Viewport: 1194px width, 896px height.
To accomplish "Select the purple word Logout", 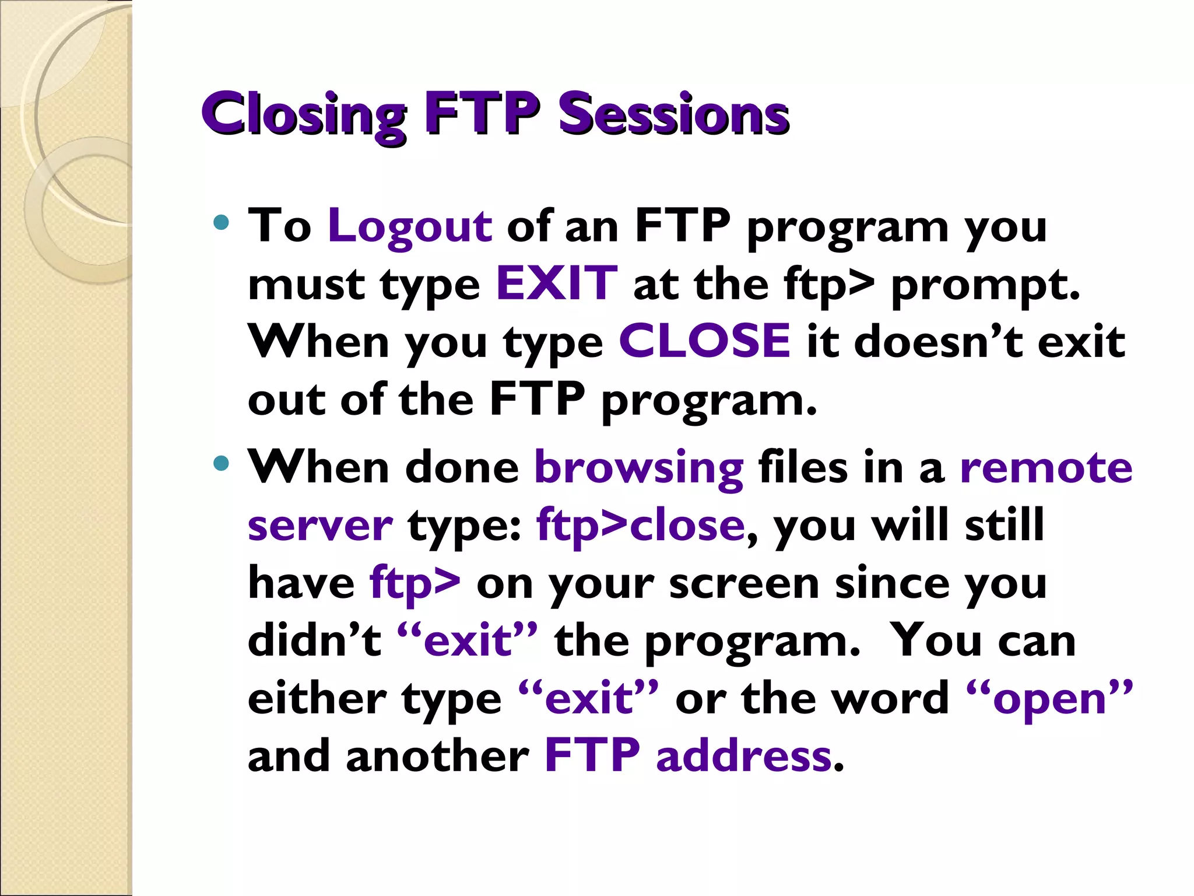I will click(410, 226).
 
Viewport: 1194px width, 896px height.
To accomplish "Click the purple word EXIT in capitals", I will click(556, 283).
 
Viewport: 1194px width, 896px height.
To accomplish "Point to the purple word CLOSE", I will click(704, 341).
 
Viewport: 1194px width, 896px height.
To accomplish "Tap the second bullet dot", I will click(221, 464).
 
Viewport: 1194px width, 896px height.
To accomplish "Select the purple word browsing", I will click(638, 468).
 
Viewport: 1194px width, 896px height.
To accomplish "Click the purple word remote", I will click(1046, 468).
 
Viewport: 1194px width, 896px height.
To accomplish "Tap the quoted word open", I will click(1049, 699).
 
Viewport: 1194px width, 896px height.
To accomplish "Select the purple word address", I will click(744, 756).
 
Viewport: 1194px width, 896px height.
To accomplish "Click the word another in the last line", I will click(437, 756).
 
